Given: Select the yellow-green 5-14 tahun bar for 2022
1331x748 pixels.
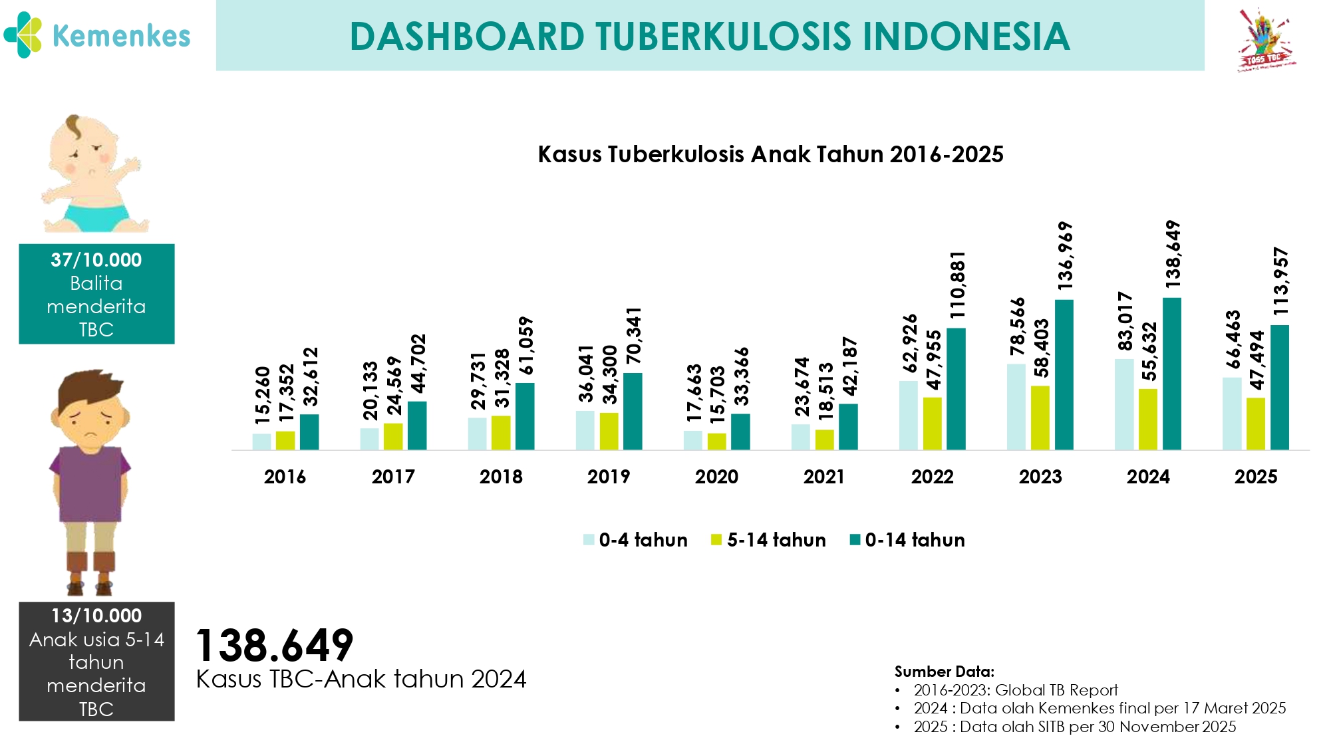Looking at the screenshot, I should (932, 424).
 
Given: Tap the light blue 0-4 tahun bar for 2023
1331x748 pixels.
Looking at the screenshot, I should (1016, 407).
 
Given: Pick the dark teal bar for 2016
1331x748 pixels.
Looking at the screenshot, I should (309, 432).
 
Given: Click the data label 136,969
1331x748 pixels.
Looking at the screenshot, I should (1065, 256).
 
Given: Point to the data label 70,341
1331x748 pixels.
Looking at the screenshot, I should (633, 336).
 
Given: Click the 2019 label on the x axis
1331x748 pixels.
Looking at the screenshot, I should (609, 477).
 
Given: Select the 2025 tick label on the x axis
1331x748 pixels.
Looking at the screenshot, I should (1256, 477).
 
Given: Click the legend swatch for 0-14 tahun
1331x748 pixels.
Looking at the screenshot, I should (855, 540).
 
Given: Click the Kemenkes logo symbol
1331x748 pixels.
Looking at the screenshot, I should (23, 35).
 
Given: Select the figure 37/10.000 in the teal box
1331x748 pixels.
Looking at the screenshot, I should (96, 260).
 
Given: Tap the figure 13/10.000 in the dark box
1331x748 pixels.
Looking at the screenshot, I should (96, 616).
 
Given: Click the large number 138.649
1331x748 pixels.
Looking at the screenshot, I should (274, 645).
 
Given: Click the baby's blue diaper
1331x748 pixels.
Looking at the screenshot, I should (96, 216).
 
